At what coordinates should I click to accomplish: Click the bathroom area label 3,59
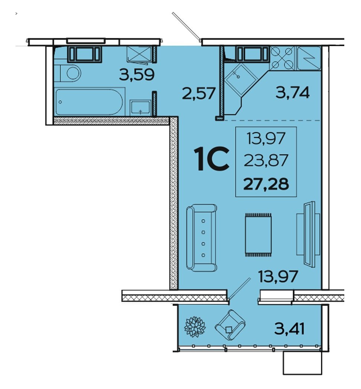coord(137,75)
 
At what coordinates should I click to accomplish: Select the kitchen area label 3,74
coord(293,93)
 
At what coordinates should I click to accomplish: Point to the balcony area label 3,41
coord(289,329)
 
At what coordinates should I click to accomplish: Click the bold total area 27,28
coord(266,184)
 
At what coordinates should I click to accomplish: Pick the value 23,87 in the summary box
coord(266,160)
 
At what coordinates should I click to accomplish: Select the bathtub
coord(89,102)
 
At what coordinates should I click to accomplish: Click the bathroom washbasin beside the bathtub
coord(140,108)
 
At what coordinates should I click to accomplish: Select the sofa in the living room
coord(202,238)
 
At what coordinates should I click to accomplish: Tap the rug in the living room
coord(258,234)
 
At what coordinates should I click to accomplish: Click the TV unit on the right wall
coord(308,234)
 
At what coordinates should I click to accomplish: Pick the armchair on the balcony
coord(230,325)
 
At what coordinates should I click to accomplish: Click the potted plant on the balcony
coord(195,327)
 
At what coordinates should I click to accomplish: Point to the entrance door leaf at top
coord(186,27)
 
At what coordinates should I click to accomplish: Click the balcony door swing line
coord(240,289)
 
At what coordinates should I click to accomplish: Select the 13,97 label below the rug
coord(278,276)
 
